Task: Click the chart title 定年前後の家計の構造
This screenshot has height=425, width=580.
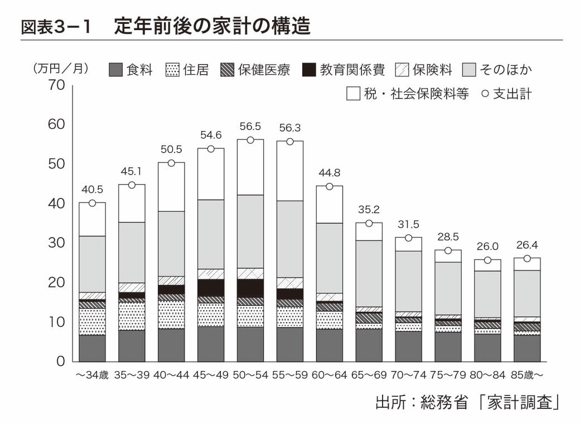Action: click(x=212, y=26)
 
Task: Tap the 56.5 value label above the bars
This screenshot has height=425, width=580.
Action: click(x=250, y=127)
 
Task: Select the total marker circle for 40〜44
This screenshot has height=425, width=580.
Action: click(x=171, y=163)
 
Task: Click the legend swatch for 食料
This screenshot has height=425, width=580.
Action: click(x=115, y=70)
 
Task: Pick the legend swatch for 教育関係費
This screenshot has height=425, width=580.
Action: click(x=309, y=70)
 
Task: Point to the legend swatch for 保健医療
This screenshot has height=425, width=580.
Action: click(x=227, y=70)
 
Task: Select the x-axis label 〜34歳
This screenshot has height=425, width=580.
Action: click(x=92, y=375)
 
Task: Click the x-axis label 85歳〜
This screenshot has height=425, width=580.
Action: click(x=527, y=375)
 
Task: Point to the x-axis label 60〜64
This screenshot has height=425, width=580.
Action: click(x=329, y=375)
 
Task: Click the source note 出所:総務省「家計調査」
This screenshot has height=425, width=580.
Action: click(x=467, y=402)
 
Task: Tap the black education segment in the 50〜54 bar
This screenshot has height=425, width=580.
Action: click(x=250, y=288)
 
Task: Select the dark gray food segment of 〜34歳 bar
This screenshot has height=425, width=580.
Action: click(x=92, y=348)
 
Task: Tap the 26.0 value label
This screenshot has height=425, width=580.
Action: click(x=487, y=246)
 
